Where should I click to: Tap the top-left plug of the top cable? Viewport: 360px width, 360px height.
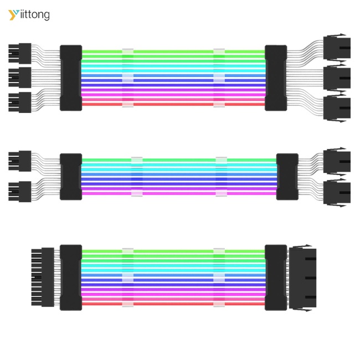click(x=20, y=54)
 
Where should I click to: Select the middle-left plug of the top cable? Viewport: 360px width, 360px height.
click(x=20, y=78)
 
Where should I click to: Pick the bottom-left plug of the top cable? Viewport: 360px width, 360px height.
click(x=20, y=102)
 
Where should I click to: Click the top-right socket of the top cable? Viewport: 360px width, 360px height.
click(x=337, y=48)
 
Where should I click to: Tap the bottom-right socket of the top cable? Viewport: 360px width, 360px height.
click(x=337, y=108)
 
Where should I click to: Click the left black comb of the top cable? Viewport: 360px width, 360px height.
click(x=71, y=78)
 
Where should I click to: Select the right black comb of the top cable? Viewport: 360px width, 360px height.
click(x=276, y=78)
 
